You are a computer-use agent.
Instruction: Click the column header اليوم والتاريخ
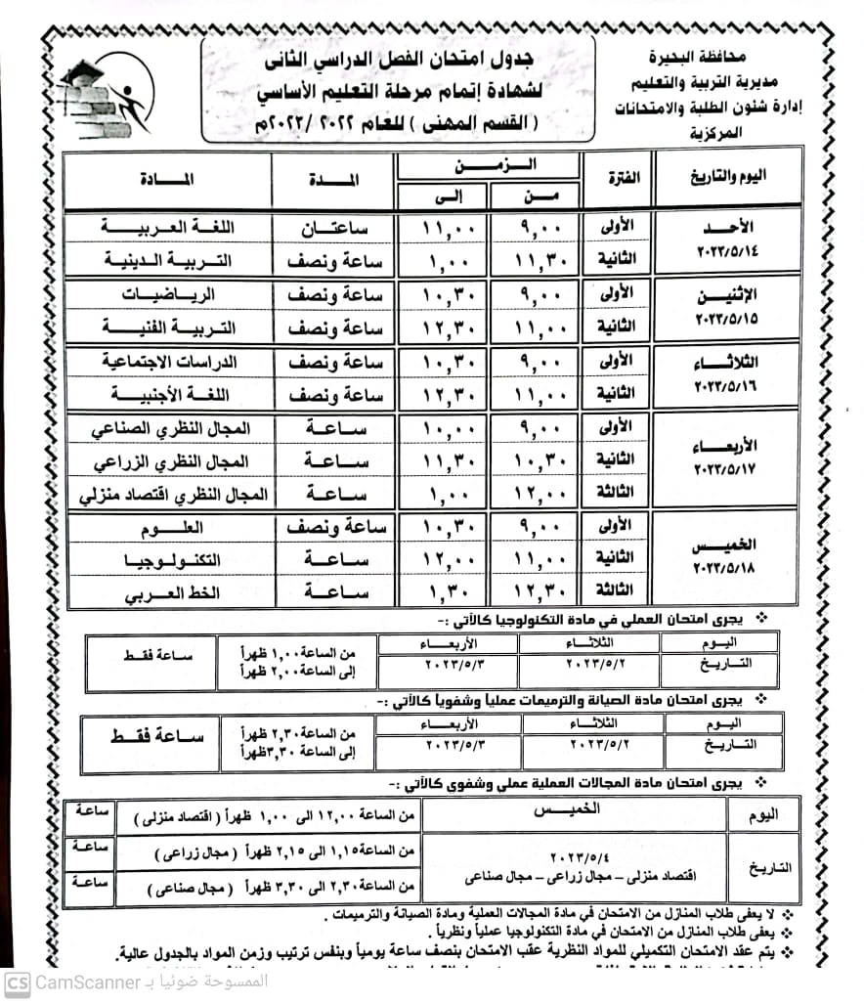725,176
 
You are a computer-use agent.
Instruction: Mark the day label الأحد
726,226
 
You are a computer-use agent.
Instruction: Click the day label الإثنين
726,295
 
